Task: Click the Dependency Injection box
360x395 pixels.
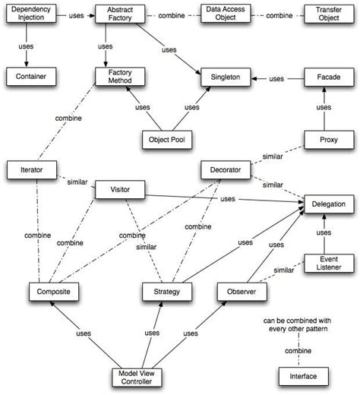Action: [27, 14]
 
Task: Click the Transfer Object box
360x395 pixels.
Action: [327, 14]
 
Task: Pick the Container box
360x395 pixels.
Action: [27, 77]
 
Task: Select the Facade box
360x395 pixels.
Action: [327, 77]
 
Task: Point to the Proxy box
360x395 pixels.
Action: [327, 140]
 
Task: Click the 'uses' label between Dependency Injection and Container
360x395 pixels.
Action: [27, 47]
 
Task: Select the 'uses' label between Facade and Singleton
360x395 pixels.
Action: [276, 77]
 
